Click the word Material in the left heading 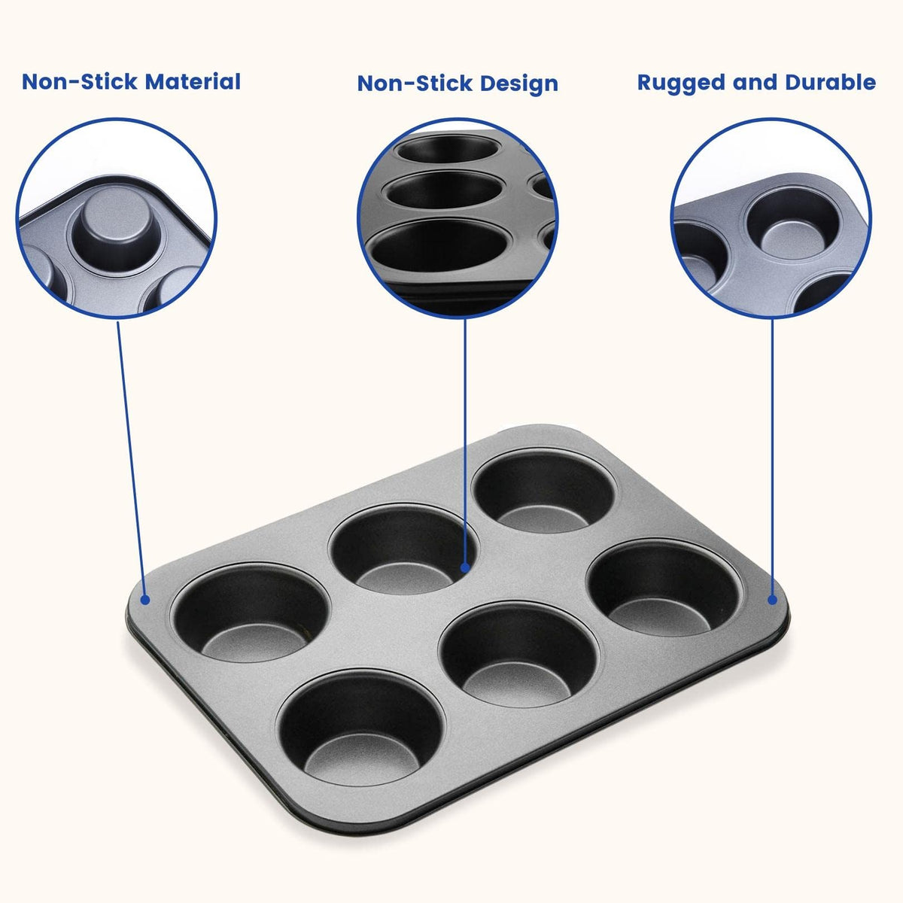click(x=193, y=81)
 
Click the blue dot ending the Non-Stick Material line click(x=145, y=599)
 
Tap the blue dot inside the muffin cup click(x=465, y=567)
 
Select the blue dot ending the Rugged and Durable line click(x=773, y=599)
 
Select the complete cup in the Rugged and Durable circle click(x=792, y=224)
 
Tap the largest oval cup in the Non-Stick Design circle click(x=438, y=246)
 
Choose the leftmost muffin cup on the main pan click(x=251, y=614)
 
